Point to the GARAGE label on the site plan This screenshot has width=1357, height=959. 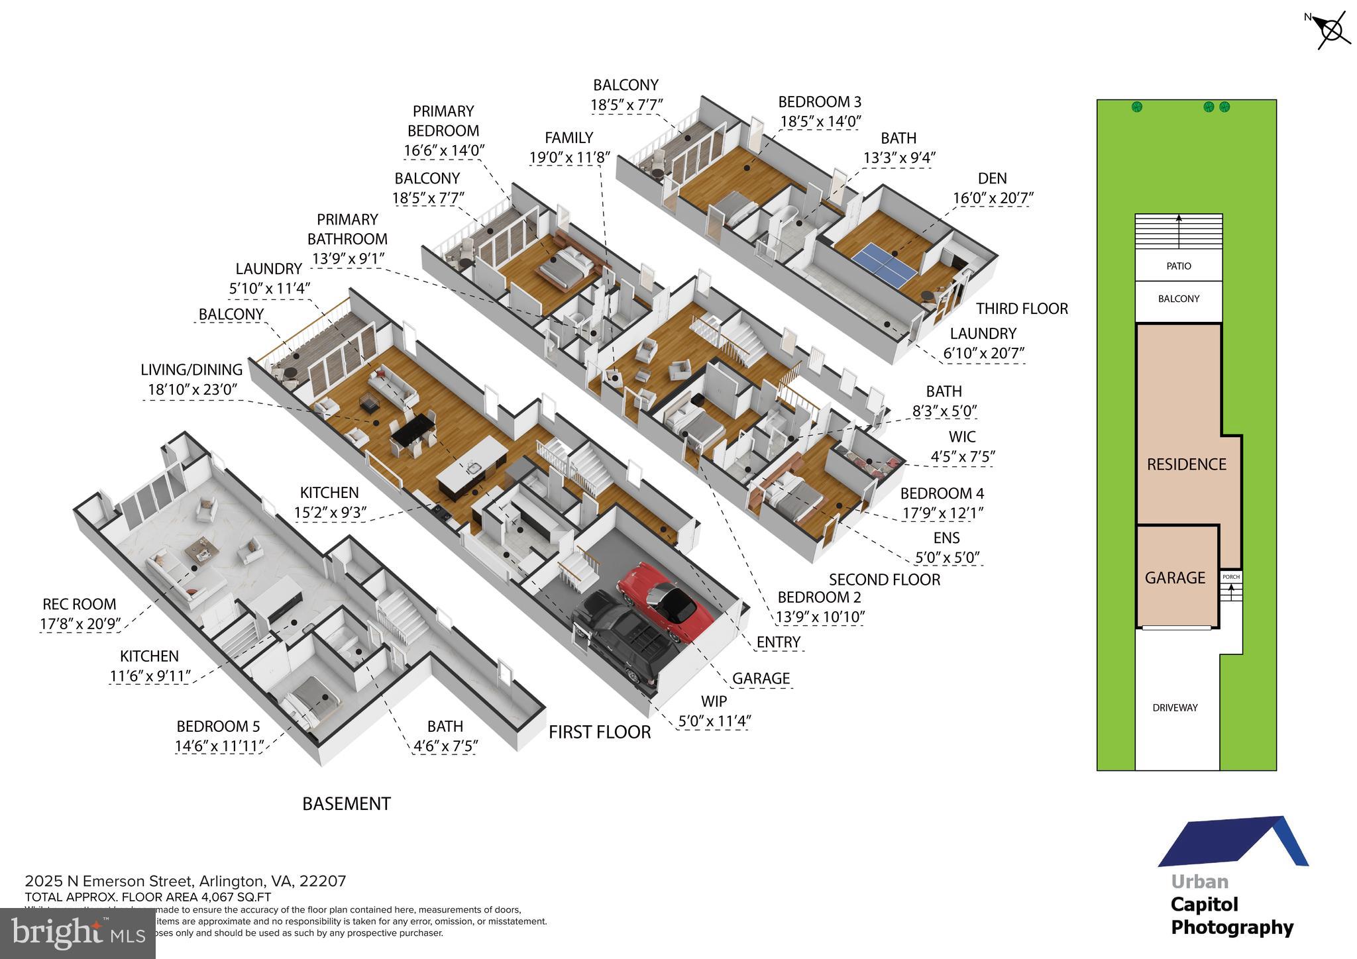1175,578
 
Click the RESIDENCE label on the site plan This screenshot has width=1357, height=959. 1186,464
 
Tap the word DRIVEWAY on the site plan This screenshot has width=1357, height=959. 1175,707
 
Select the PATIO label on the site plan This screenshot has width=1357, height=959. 1179,266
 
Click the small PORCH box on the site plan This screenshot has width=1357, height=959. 1230,577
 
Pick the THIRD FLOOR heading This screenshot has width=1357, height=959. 1022,309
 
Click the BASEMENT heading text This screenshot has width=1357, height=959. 347,804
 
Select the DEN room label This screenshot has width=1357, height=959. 992,178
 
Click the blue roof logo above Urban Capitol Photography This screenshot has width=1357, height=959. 1232,842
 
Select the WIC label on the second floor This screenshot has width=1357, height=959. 961,436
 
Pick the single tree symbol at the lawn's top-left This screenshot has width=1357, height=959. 1137,107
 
